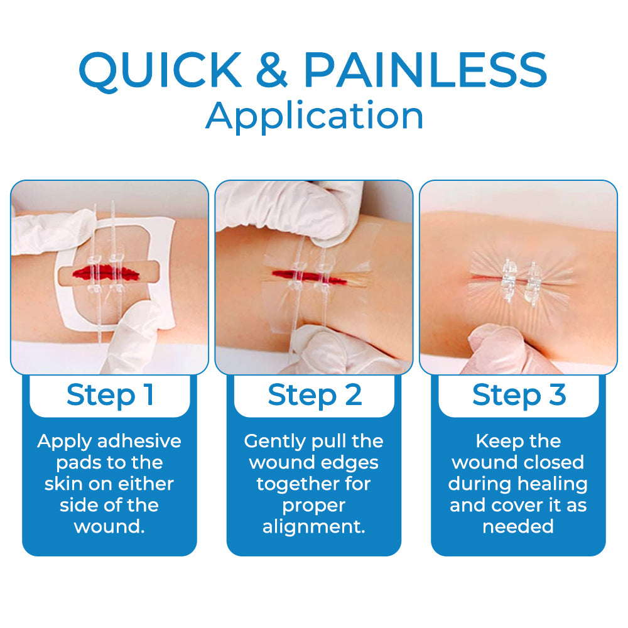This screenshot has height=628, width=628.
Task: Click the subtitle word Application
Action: pyautogui.click(x=314, y=115)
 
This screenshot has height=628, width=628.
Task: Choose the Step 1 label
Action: pyautogui.click(x=110, y=394)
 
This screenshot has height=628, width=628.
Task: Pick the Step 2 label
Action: pyautogui.click(x=314, y=394)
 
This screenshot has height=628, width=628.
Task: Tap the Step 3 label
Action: pyautogui.click(x=519, y=394)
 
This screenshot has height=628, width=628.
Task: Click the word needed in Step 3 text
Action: pyautogui.click(x=518, y=526)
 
